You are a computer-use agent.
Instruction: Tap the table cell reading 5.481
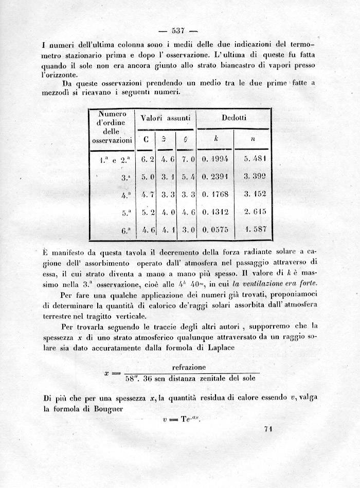tap(255, 158)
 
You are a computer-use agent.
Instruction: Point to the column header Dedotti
tap(234, 118)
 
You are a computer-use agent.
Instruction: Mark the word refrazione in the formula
tap(189, 367)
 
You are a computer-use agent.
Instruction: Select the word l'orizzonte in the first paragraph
tap(59, 75)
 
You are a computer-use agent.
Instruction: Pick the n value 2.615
tap(255, 211)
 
